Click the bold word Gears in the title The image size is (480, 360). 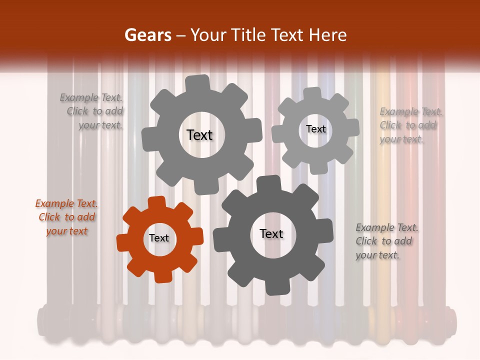click(x=147, y=35)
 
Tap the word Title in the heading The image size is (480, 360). click(x=251, y=35)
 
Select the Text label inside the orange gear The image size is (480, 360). click(x=159, y=238)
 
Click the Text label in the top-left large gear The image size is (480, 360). click(x=199, y=135)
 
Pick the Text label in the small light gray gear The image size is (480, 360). click(x=315, y=129)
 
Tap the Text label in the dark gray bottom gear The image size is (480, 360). click(x=271, y=234)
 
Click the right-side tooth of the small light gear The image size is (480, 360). click(x=352, y=127)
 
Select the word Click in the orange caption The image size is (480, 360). click(x=49, y=217)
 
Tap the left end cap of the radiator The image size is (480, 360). click(x=42, y=321)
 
